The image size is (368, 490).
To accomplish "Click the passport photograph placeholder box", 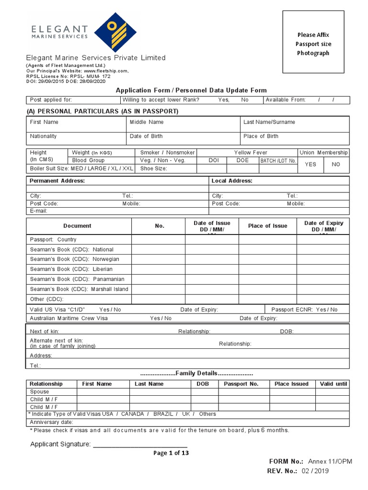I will coord(313,42).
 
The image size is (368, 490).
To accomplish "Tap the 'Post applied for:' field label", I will coord(51,100).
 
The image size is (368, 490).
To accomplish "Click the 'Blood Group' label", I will coord(88,160).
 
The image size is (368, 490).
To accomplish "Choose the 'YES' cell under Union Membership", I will coord(310,164).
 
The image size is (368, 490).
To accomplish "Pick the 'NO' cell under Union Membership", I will coord(336,164).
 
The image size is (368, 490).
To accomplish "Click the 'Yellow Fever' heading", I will coord(251,153).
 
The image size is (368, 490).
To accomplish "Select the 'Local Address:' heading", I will coord(232,181).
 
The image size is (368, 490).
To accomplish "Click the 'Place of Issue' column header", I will coord(267,226).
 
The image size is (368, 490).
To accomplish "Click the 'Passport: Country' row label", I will coord(53,240).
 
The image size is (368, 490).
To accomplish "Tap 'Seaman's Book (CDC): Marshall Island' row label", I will coord(79,289).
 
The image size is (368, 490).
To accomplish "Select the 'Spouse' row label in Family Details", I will coord(39,391).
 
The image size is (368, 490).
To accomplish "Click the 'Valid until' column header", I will coord(333,384).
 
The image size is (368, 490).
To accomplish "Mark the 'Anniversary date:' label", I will coord(51,422).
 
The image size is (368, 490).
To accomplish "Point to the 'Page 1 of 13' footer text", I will coord(171,453).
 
